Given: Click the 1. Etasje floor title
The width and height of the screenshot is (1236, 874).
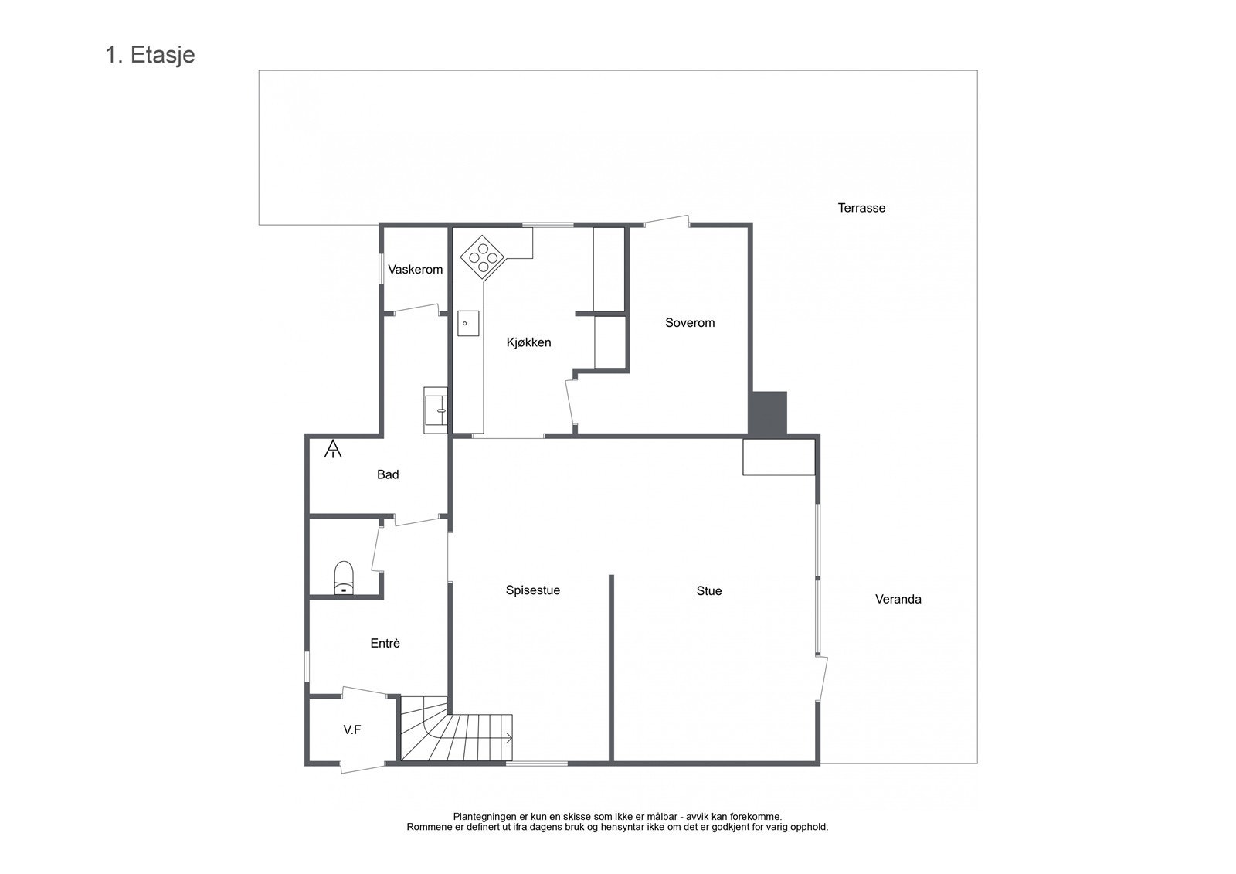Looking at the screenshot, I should coord(150,56).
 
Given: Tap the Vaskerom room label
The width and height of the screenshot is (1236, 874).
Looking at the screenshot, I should coord(415,270).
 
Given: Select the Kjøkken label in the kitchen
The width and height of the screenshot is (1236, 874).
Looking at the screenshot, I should coord(528,342).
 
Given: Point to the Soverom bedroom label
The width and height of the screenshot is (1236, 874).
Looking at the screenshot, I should coord(690,323).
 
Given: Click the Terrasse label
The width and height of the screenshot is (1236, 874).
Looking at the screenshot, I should coord(861,208).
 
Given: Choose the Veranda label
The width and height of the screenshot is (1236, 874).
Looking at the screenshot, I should coord(898,599).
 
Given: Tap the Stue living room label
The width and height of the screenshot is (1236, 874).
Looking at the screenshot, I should coord(708,591).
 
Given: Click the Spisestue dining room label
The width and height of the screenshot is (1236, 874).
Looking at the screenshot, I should coord(532,590).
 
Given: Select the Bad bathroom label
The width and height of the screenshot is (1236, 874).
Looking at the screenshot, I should coord(388,474).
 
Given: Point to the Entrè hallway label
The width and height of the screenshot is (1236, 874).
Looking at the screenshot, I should coord(385,643).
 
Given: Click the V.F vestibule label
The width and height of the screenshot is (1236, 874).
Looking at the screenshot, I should coord(352,729).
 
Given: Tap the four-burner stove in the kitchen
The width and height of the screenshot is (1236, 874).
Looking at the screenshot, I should coord(483,257).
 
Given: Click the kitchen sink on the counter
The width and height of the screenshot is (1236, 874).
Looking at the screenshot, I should coord(467,323).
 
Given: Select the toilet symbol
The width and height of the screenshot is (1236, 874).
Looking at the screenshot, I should coord(344,578).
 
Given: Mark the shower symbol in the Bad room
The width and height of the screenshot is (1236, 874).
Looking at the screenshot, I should coord(333,449).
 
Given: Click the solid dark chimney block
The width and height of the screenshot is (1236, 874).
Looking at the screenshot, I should coord(768,413).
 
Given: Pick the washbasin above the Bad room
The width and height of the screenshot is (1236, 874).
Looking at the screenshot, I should coord(436,410).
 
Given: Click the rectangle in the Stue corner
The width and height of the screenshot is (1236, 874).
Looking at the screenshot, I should coord(779,457).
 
